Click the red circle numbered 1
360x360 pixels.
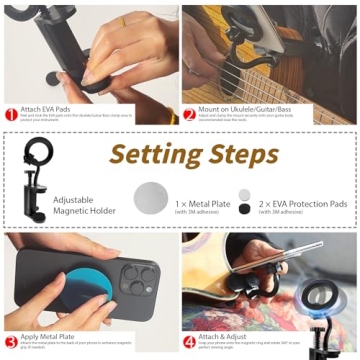click(10, 114)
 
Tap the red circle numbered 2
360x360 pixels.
click(190, 114)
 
